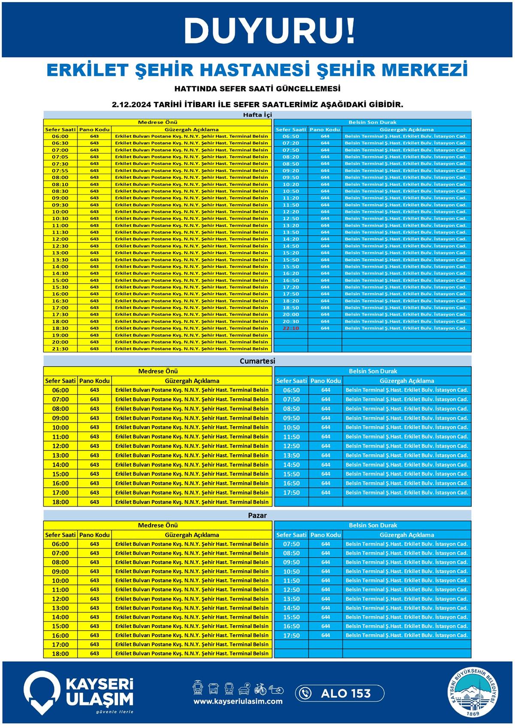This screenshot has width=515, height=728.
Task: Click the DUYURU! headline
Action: pos(269,31)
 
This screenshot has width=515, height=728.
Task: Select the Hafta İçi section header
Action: pos(257,115)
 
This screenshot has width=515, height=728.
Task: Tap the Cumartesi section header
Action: pos(257,361)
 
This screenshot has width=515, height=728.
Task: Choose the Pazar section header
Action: pos(257,515)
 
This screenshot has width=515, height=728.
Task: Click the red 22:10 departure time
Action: pos(291,328)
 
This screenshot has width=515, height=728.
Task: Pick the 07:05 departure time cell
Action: pos(60,157)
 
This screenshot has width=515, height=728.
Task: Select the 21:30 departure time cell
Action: pos(60,349)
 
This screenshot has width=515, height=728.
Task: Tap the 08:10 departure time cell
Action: pos(60,184)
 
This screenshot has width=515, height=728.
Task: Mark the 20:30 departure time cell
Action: pos(291,322)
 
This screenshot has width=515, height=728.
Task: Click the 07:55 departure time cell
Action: pos(60,170)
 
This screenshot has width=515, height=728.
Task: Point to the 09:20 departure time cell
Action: pos(291,170)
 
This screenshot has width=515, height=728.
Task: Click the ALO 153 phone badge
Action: pos(339,693)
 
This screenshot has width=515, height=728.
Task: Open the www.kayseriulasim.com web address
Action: pos(238,701)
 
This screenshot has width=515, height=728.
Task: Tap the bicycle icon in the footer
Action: pos(260,689)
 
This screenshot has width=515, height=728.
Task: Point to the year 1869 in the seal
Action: pos(473,713)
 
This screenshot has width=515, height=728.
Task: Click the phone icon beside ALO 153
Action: pos(305,693)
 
